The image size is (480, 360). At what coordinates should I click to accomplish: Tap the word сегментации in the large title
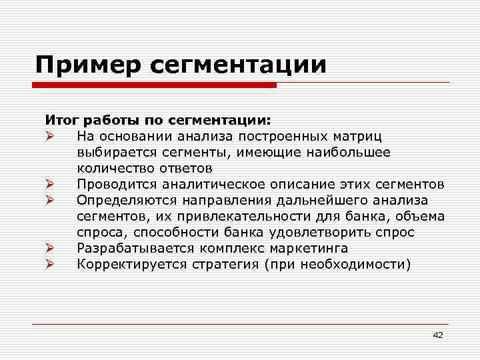click(240, 65)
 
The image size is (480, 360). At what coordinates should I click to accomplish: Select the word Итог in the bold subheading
click(60, 121)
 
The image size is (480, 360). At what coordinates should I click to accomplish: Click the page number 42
click(437, 335)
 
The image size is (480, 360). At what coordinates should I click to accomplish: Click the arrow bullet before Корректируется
click(49, 265)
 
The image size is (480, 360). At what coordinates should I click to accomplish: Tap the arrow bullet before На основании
click(49, 137)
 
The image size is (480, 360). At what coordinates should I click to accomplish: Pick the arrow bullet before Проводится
click(49, 185)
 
